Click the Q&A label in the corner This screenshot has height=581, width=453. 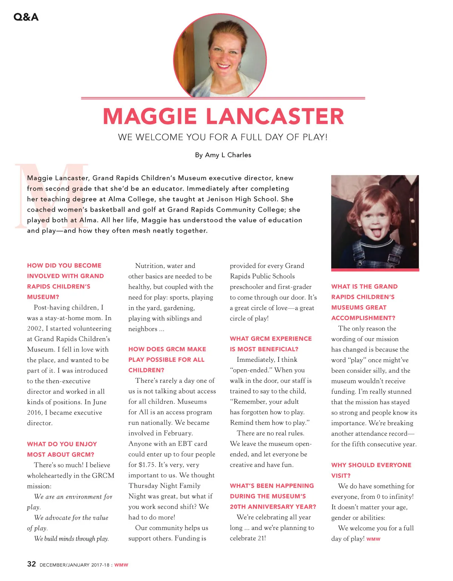click(x=26, y=17)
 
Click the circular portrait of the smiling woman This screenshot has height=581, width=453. click(x=220, y=56)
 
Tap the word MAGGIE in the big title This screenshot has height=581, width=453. click(x=149, y=116)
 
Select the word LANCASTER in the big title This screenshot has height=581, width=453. click(x=275, y=116)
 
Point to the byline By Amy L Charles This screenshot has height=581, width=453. click(x=223, y=155)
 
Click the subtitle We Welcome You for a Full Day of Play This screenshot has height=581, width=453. click(x=223, y=137)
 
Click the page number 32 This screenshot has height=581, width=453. click(x=31, y=564)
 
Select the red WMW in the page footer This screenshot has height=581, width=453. click(x=121, y=565)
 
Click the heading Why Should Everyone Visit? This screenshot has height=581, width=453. click(x=371, y=470)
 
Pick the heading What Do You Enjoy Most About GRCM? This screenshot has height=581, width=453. click(x=62, y=449)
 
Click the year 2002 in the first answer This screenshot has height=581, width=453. click(x=34, y=329)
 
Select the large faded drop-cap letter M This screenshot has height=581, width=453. click(x=52, y=196)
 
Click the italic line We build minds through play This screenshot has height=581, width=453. click(x=71, y=539)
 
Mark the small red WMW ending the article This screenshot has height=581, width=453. click(x=373, y=539)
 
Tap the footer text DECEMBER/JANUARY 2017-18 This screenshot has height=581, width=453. click(x=74, y=565)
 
